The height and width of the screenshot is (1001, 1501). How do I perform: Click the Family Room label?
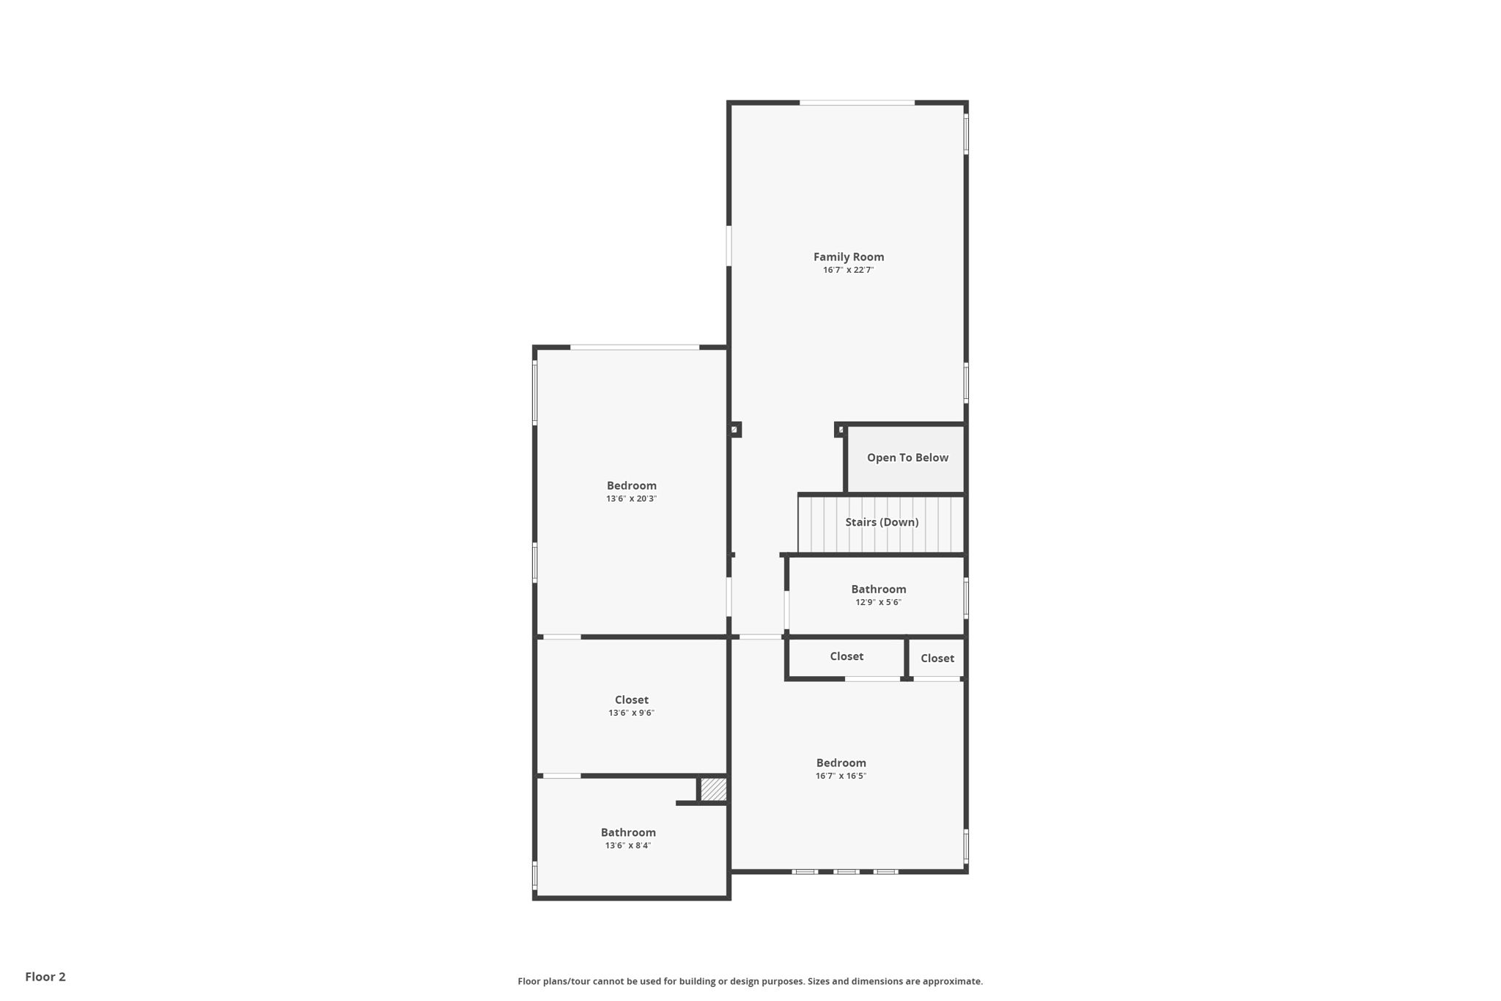(848, 257)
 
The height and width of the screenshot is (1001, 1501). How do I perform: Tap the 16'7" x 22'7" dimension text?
(848, 270)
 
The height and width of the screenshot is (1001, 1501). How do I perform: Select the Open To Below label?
(907, 458)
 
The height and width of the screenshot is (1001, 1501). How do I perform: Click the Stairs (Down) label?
(882, 522)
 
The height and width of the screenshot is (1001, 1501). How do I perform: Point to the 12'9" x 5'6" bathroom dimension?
(878, 602)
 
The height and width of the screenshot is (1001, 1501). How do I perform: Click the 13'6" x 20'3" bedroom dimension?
(631, 499)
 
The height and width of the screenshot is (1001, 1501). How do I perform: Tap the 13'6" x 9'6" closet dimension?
(631, 713)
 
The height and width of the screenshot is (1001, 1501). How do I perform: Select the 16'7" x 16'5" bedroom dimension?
(841, 776)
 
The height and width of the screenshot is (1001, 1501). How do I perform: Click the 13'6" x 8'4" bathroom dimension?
(628, 846)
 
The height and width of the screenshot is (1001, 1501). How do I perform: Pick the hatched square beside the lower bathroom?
(713, 790)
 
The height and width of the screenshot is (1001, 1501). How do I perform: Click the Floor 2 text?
(45, 977)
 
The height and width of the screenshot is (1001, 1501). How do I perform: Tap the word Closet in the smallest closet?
(937, 659)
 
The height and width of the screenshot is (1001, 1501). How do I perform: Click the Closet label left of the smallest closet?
(847, 656)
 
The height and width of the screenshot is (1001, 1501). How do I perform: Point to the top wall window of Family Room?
(857, 103)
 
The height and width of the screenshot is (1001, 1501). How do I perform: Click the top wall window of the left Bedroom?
(635, 347)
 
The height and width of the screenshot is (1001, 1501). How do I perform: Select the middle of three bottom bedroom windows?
(847, 872)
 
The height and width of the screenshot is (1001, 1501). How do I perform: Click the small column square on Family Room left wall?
(734, 430)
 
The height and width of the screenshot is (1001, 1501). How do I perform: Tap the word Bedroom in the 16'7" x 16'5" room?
(841, 763)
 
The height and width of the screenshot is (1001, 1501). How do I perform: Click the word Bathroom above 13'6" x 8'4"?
(628, 832)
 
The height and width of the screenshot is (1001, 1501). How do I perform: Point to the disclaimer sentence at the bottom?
(750, 981)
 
